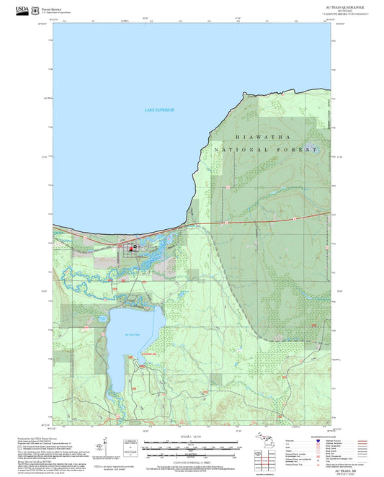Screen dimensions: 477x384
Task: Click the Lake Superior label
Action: pyautogui.click(x=159, y=110)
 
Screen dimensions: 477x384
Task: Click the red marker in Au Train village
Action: pyautogui.click(x=130, y=249)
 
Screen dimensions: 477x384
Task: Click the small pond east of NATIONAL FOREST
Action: pyautogui.click(x=313, y=151)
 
